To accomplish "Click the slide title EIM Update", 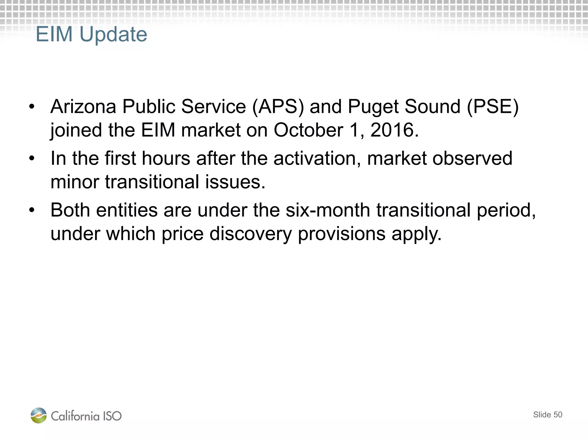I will [x=91, y=34].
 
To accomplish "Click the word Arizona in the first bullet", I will [x=83, y=107].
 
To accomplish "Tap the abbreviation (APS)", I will [x=278, y=107].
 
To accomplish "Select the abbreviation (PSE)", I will [x=493, y=107].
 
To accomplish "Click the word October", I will [x=308, y=130].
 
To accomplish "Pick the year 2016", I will [x=394, y=130].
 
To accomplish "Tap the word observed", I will [x=472, y=158].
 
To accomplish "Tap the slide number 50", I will [x=558, y=415].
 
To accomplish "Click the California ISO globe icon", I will [x=39, y=415].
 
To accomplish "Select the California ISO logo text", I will [x=86, y=416].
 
